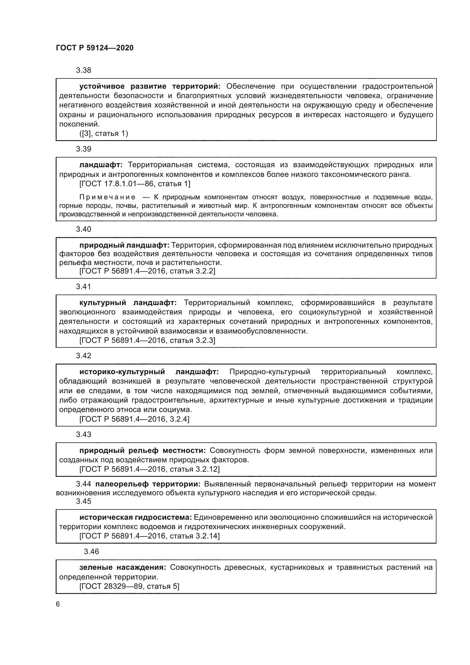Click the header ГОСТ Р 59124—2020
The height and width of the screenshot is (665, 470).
[95, 48]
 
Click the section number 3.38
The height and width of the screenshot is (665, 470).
[83, 70]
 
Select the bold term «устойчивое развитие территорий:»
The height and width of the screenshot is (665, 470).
[150, 86]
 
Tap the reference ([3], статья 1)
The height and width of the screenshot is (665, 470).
[104, 134]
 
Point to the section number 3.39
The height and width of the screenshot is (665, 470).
[83, 149]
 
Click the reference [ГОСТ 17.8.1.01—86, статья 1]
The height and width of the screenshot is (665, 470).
[135, 184]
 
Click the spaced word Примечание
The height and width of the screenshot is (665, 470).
[107, 197]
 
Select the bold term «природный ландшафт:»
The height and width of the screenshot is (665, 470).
[124, 245]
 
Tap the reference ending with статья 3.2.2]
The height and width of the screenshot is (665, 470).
[147, 271]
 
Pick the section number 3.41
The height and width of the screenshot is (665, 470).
[83, 287]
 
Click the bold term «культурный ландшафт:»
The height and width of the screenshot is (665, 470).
[128, 303]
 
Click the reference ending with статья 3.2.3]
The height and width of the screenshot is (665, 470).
[147, 340]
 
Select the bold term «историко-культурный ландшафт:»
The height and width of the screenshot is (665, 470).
[149, 372]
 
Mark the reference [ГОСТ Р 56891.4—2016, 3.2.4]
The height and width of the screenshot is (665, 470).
[134, 419]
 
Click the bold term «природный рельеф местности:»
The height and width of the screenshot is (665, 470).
[142, 451]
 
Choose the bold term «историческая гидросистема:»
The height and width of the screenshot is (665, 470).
[136, 517]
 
